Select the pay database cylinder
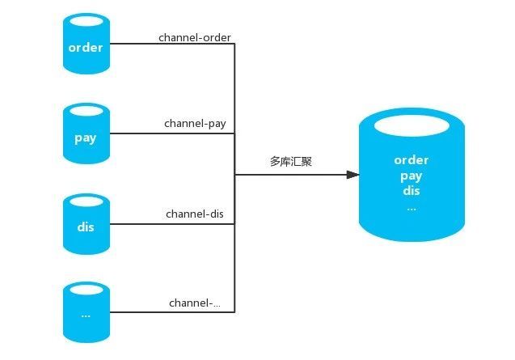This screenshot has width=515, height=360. [x=85, y=138]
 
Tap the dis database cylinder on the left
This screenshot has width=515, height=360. [x=85, y=227]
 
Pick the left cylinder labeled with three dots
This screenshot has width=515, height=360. [x=85, y=316]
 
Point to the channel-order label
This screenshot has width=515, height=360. [x=195, y=37]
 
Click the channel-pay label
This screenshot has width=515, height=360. [x=195, y=124]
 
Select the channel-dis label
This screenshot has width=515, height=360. [x=195, y=214]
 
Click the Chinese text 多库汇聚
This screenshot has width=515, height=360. [x=291, y=162]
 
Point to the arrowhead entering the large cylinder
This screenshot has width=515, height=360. [x=352, y=174]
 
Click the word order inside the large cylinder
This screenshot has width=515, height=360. [x=412, y=160]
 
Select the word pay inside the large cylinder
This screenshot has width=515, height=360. [x=412, y=176]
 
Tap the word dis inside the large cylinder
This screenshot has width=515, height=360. [x=412, y=191]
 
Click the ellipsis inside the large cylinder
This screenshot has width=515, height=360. [x=412, y=208]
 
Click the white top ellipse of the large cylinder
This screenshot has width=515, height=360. [x=412, y=127]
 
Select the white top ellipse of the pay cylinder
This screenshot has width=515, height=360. [x=85, y=110]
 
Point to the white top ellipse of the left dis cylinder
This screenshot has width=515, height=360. [x=85, y=199]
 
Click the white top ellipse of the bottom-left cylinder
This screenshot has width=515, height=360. [x=85, y=289]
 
